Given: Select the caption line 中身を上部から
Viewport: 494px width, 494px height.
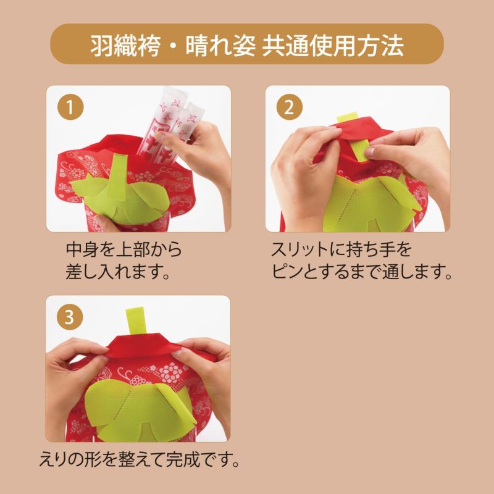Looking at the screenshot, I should pyautogui.click(x=124, y=250).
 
